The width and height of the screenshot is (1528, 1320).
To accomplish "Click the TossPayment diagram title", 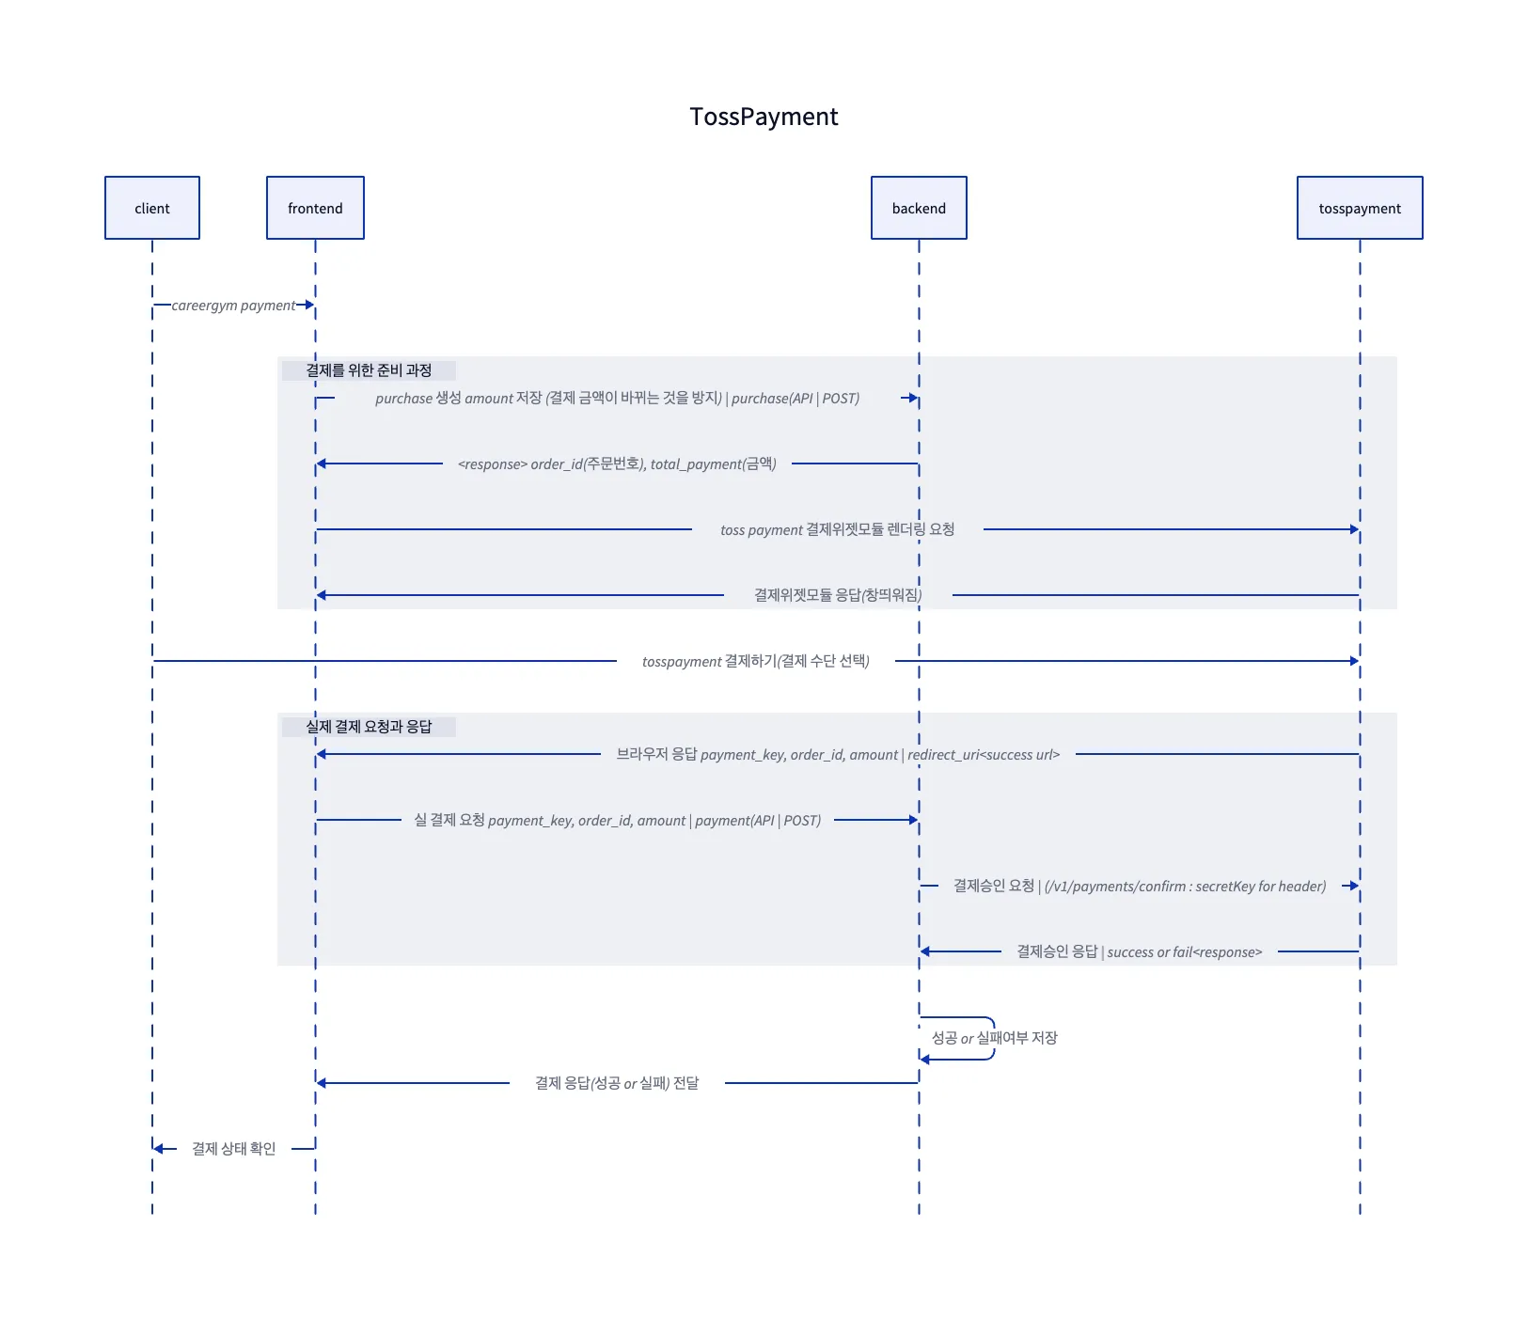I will (763, 117).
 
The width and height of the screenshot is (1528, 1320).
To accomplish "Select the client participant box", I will (152, 208).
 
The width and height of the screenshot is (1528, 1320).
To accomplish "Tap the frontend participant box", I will (315, 208).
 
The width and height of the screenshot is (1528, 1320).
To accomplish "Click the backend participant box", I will (919, 208).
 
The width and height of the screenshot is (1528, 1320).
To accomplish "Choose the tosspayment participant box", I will (1359, 208).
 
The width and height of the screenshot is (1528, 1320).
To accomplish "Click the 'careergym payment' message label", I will (233, 306).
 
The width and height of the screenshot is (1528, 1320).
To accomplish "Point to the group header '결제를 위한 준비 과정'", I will (369, 370).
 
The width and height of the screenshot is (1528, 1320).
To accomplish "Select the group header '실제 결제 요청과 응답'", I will (369, 727).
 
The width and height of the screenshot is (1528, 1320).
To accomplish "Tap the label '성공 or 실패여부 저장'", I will (994, 1038).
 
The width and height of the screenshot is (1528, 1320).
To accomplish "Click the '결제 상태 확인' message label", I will (233, 1149).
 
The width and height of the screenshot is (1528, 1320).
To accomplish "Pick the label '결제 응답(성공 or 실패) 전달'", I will (617, 1083).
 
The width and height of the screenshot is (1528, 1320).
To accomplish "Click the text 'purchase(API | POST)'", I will (796, 399).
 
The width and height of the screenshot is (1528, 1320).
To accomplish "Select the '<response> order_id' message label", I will (617, 464).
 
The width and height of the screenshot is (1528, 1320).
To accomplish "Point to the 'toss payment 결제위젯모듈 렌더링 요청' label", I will (837, 530).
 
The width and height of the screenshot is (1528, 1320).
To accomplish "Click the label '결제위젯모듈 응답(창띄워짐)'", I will (837, 595).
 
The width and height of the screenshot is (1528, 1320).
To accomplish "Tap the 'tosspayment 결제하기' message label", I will (755, 662).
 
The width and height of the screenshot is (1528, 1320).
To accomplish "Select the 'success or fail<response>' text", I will (1184, 952).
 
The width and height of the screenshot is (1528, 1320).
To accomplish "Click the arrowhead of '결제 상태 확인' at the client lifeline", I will (159, 1149).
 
